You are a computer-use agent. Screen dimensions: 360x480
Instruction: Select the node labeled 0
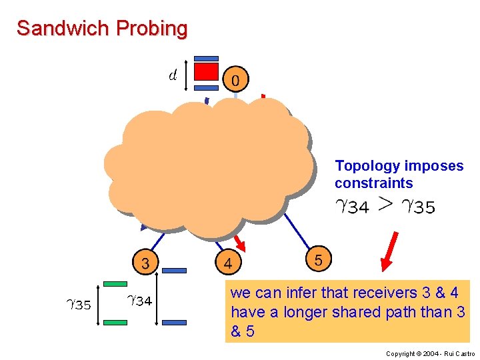[235, 80]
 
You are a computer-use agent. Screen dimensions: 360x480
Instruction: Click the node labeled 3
[145, 262]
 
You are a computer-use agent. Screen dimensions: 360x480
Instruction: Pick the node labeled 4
[228, 264]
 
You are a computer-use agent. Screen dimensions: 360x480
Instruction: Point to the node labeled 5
[318, 260]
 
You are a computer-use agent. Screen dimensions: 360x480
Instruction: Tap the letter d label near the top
[173, 73]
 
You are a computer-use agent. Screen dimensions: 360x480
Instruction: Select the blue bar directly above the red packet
[206, 58]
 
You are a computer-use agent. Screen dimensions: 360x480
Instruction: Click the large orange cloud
[210, 167]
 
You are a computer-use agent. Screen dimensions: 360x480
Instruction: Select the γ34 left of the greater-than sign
[352, 207]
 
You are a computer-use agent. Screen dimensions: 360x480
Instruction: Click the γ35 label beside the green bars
[79, 305]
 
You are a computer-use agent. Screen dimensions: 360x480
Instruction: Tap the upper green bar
[116, 285]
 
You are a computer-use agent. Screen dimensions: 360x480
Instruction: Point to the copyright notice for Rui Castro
[431, 353]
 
